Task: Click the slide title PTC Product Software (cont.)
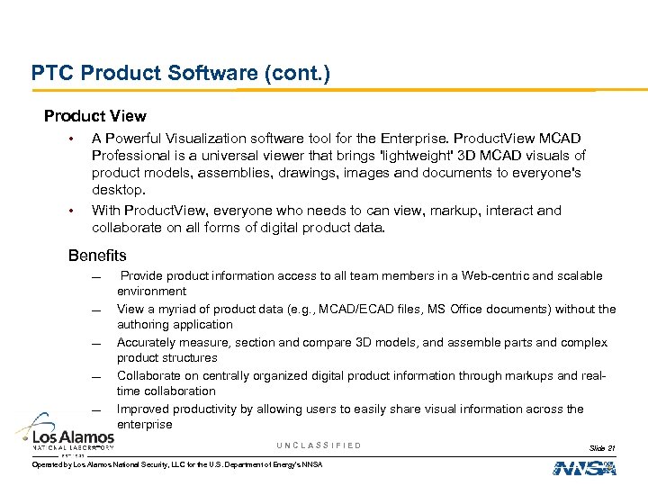point(181,72)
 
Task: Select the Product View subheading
point(95,116)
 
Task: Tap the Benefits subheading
point(97,256)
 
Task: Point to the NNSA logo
point(584,467)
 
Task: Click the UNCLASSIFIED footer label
point(319,445)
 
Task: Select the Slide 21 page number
point(602,447)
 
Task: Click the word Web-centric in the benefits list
point(494,275)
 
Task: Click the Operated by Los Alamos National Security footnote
point(176,464)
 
